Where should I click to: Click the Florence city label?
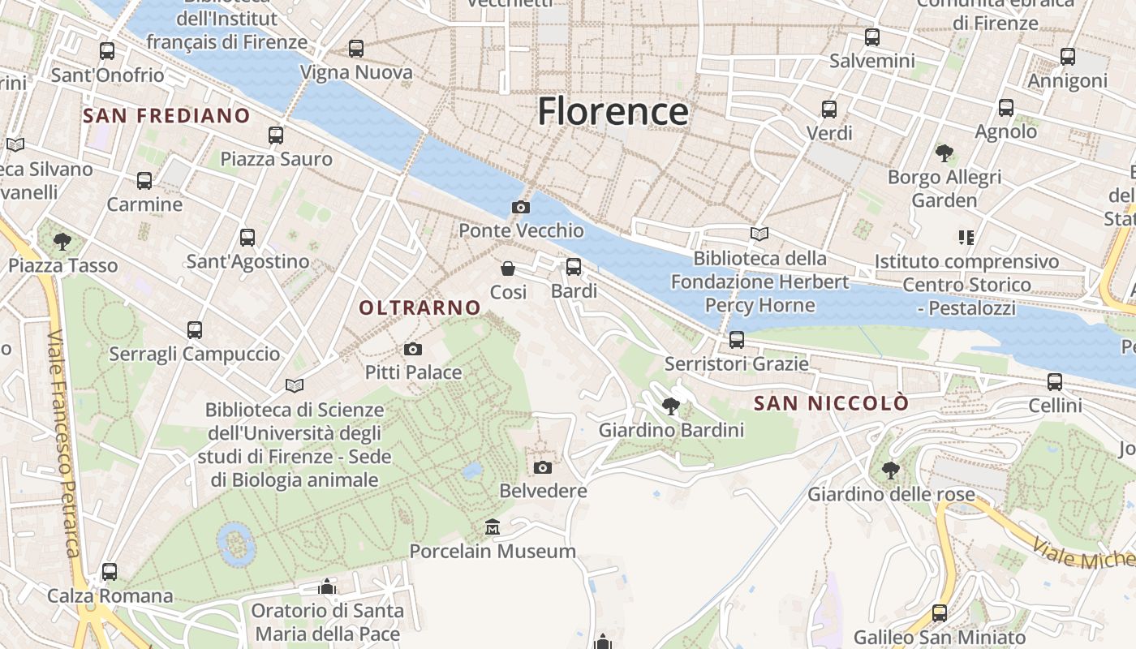point(613,110)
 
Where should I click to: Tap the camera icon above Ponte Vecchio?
point(521,208)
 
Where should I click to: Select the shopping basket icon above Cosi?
point(508,269)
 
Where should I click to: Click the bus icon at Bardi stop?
point(574,267)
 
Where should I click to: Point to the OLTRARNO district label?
point(420,307)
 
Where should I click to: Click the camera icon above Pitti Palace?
point(413,350)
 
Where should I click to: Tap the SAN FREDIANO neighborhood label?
point(166,115)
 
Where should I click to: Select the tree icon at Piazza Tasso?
point(62,241)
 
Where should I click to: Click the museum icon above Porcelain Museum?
point(492,528)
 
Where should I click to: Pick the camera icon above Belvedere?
point(543,467)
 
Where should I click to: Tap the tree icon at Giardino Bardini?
point(670,406)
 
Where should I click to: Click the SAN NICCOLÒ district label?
point(831,403)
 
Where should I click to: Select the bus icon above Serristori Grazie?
point(737,340)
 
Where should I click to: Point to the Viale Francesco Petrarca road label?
point(64,454)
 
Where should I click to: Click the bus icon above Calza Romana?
point(110,572)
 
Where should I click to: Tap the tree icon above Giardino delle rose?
point(890,470)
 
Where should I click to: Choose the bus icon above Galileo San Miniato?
point(940,613)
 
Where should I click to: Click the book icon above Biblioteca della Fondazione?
point(759,234)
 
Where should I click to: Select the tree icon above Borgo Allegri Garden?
point(944,153)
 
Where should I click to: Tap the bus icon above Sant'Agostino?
point(247,238)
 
